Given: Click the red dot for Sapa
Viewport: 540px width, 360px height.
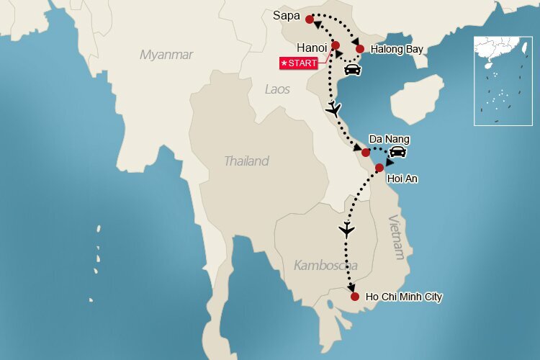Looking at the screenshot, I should [310, 19].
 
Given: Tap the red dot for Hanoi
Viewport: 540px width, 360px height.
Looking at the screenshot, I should [336, 45].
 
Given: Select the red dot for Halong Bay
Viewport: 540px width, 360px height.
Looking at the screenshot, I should [360, 49].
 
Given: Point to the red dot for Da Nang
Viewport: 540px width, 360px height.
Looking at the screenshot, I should [366, 152].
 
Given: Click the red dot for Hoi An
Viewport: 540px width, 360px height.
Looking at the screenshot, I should [379, 168].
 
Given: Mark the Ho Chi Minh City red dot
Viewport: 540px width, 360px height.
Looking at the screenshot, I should [354, 296].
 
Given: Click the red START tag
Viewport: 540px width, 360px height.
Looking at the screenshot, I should [299, 63].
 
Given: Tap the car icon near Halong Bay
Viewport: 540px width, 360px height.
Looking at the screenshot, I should [352, 70].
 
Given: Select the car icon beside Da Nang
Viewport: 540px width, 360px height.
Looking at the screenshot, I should [397, 152].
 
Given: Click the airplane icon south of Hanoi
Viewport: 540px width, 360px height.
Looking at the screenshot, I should [333, 110].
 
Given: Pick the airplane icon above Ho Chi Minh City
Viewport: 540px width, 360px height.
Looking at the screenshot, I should [347, 230].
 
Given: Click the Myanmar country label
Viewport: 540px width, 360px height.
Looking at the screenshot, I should [166, 55].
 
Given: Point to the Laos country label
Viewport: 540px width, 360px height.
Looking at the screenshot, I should [277, 89].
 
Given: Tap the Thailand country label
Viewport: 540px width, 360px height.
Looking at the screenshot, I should [246, 161].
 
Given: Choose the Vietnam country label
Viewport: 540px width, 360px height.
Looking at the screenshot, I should [397, 238].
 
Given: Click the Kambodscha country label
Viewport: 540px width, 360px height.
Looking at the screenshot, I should [325, 266].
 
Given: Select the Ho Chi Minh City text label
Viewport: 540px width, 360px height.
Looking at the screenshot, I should [404, 296].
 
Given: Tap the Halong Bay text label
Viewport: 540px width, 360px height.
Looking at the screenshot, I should [397, 50].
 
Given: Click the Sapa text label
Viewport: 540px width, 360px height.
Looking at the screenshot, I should [287, 15].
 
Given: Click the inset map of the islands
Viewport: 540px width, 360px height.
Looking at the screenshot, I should [502, 81].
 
